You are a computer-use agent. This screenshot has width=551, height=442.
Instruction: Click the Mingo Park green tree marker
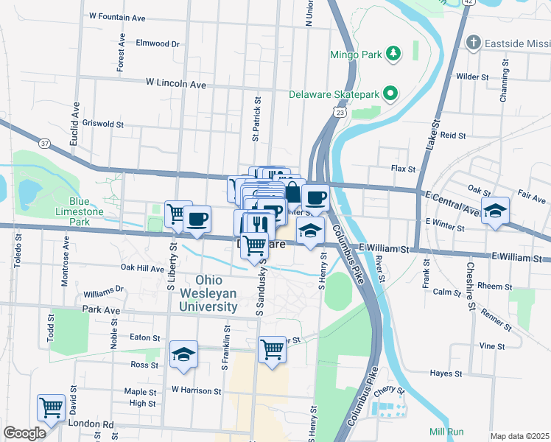tap(394, 53)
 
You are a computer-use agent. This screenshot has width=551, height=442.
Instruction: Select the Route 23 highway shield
tap(337, 110)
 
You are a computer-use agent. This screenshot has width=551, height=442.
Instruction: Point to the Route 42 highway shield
tap(470, 3)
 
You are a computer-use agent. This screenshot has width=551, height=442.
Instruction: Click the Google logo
tap(24, 433)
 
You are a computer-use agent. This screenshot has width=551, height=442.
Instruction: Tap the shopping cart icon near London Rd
tap(51, 406)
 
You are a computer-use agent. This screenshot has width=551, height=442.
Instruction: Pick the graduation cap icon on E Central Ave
tap(495, 209)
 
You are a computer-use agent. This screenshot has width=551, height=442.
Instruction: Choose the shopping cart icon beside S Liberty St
tap(178, 214)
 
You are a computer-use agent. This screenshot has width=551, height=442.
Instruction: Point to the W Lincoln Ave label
tap(176, 85)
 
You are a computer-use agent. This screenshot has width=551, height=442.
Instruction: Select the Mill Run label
tap(445, 431)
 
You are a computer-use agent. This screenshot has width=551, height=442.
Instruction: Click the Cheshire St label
tap(469, 288)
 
